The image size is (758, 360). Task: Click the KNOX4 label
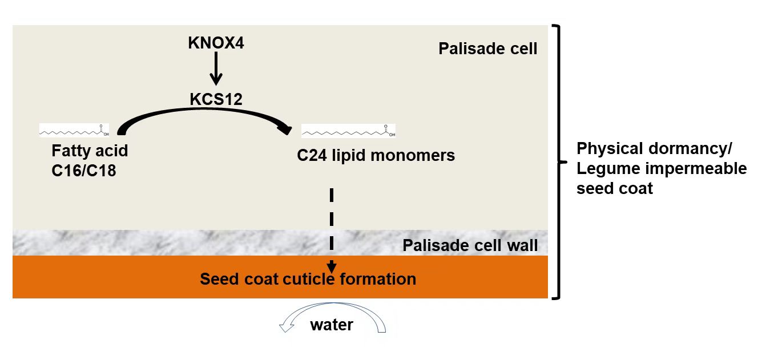[216, 43]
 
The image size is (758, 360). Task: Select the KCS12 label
[216, 99]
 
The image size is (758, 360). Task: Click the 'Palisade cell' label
[487, 48]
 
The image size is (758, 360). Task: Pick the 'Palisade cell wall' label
[470, 246]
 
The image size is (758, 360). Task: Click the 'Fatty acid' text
[90, 152]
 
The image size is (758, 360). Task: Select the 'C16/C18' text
[83, 170]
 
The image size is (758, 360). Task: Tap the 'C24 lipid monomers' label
[376, 155]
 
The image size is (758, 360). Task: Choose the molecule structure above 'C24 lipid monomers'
[348, 131]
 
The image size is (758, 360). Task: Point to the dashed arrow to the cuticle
[332, 223]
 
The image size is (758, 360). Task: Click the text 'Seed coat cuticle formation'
[308, 279]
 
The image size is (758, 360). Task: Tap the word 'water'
[332, 325]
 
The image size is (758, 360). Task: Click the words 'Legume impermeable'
[661, 169]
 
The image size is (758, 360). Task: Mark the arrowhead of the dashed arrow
[332, 266]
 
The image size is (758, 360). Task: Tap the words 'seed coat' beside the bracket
[614, 188]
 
